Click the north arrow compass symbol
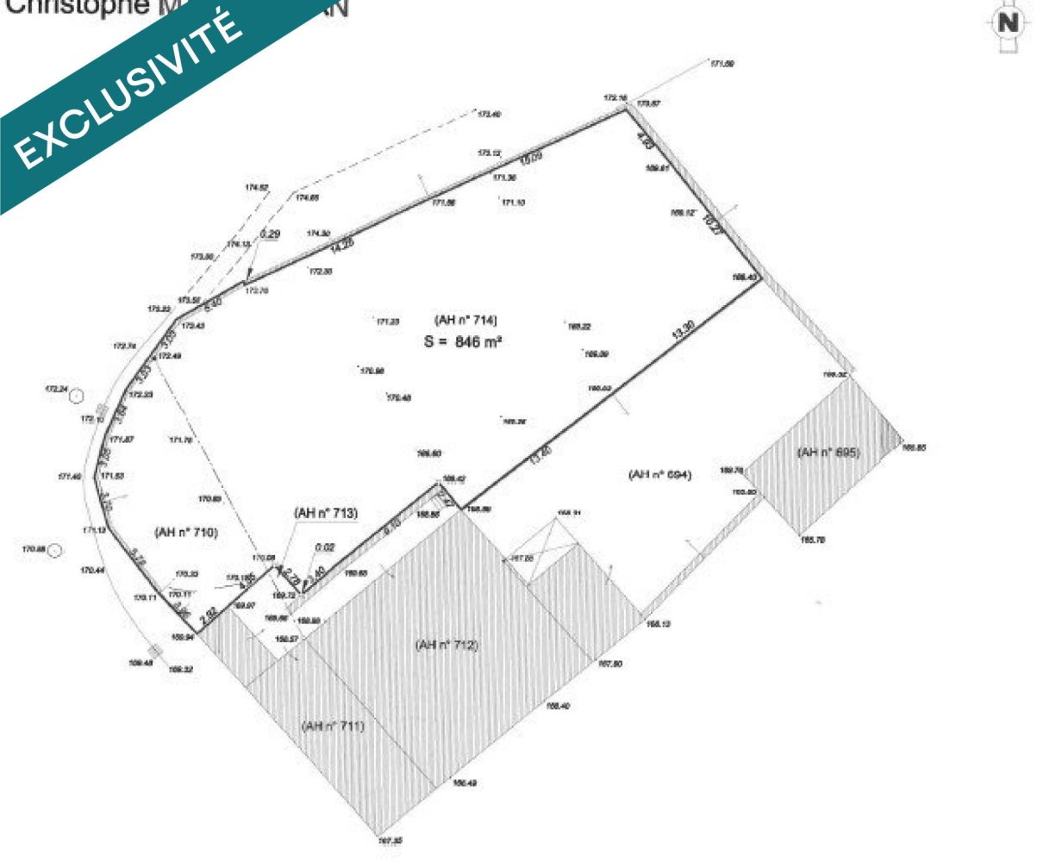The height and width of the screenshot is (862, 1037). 1006,22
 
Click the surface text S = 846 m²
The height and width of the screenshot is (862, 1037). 462,340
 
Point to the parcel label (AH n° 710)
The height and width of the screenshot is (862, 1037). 185,532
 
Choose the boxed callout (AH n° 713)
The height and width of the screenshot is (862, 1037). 325,513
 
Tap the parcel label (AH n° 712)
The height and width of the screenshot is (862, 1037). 447,645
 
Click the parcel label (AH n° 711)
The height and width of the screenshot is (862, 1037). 333,726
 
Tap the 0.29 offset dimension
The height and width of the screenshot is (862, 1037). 270,234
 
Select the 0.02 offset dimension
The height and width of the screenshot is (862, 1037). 325,547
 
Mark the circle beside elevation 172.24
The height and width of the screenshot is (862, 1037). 77,396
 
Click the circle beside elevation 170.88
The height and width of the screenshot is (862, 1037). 55,551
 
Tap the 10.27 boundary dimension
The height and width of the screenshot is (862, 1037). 712,224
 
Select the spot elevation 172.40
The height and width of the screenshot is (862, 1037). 490,114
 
